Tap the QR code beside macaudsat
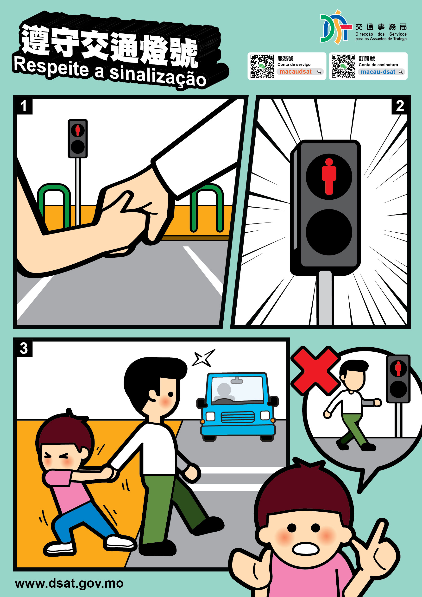pos(262,66)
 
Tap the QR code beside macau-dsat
pos(343,66)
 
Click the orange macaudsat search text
pos(295,71)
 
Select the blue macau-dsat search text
pos(378,72)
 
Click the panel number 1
pos(23,106)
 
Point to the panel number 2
pos(400,106)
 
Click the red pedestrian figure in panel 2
pos(329,176)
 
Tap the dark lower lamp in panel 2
pos(329,232)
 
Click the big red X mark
pos(315,370)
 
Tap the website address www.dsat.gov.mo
pos(69,583)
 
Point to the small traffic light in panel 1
pos(77,139)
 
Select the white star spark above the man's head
pos(203,358)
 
